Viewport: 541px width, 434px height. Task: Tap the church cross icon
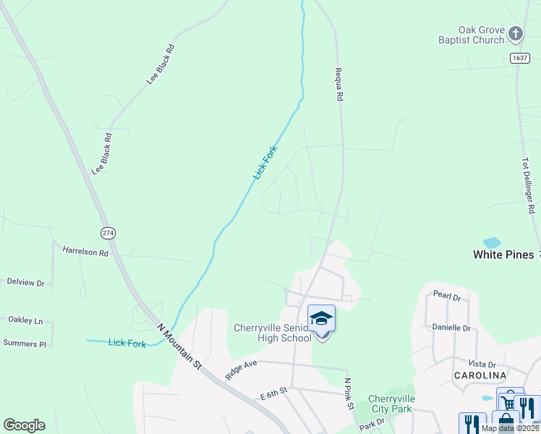(515, 33)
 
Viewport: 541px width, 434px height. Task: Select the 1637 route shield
(519, 58)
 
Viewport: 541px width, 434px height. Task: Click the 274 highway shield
(108, 232)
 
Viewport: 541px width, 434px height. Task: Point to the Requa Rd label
(338, 84)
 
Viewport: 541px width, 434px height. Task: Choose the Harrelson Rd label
(85, 252)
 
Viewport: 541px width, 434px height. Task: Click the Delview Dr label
(25, 282)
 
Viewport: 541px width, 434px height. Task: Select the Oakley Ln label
(25, 320)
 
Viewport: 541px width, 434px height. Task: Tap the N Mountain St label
(179, 348)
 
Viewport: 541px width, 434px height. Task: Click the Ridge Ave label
(241, 370)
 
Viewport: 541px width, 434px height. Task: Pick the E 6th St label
(274, 391)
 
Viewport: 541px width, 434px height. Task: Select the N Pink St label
(349, 393)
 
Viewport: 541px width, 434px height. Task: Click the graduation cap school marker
(321, 319)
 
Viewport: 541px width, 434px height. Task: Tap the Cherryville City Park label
(391, 404)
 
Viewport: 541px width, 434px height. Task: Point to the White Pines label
(503, 255)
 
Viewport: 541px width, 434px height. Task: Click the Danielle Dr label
(451, 328)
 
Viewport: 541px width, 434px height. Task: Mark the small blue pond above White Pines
(491, 242)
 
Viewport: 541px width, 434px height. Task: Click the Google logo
(24, 425)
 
